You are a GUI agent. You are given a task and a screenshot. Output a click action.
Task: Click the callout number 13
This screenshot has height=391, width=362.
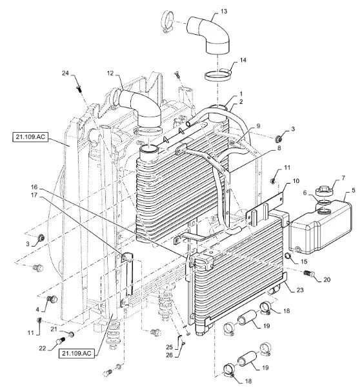[224, 12]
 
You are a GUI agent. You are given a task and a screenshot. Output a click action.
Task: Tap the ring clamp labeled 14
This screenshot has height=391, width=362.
[217, 75]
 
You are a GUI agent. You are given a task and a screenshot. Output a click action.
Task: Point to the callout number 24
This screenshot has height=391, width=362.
[65, 73]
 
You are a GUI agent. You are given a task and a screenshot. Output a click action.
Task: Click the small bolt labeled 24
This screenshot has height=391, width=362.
[79, 88]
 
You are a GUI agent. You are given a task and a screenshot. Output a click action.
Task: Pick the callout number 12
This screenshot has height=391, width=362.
[110, 73]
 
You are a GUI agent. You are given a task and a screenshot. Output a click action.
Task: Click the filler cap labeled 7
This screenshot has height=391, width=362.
[324, 191]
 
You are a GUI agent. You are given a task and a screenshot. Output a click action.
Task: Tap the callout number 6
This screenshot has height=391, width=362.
[305, 193]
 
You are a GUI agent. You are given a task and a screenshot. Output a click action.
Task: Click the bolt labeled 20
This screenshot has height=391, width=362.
[310, 273]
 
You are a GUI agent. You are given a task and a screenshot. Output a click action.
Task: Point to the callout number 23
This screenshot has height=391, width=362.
[300, 290]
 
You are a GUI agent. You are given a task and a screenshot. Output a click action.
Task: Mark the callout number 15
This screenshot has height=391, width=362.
[304, 262]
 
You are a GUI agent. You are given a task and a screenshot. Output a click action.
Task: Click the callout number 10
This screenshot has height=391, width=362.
[296, 181]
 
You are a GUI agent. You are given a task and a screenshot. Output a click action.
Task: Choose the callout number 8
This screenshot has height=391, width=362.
[279, 148]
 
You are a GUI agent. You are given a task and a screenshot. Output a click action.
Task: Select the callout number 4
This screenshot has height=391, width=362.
[37, 309]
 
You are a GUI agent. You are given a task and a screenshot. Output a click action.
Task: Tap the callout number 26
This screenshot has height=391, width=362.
[169, 355]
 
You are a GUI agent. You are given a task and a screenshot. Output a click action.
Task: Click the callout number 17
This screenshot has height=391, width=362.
[34, 195]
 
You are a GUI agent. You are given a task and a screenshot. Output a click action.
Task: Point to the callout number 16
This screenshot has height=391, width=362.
[34, 187]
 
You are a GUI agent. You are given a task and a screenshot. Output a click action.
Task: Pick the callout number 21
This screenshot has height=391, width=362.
[54, 329]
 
